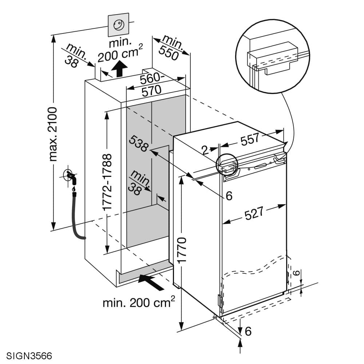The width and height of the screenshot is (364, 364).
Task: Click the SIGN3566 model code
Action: click(29, 355)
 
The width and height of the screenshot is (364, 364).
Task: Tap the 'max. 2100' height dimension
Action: click(53, 134)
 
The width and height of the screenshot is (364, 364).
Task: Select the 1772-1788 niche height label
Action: click(107, 182)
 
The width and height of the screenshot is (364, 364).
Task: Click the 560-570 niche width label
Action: click(151, 84)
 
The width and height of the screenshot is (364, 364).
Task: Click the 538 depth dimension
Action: click(138, 144)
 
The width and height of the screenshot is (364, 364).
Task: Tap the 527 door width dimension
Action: click(254, 213)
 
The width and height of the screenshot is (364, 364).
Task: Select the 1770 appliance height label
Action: click(182, 250)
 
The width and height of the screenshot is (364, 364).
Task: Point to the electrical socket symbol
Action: click(118, 25)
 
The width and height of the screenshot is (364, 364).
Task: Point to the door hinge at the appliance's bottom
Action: click(219, 301)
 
